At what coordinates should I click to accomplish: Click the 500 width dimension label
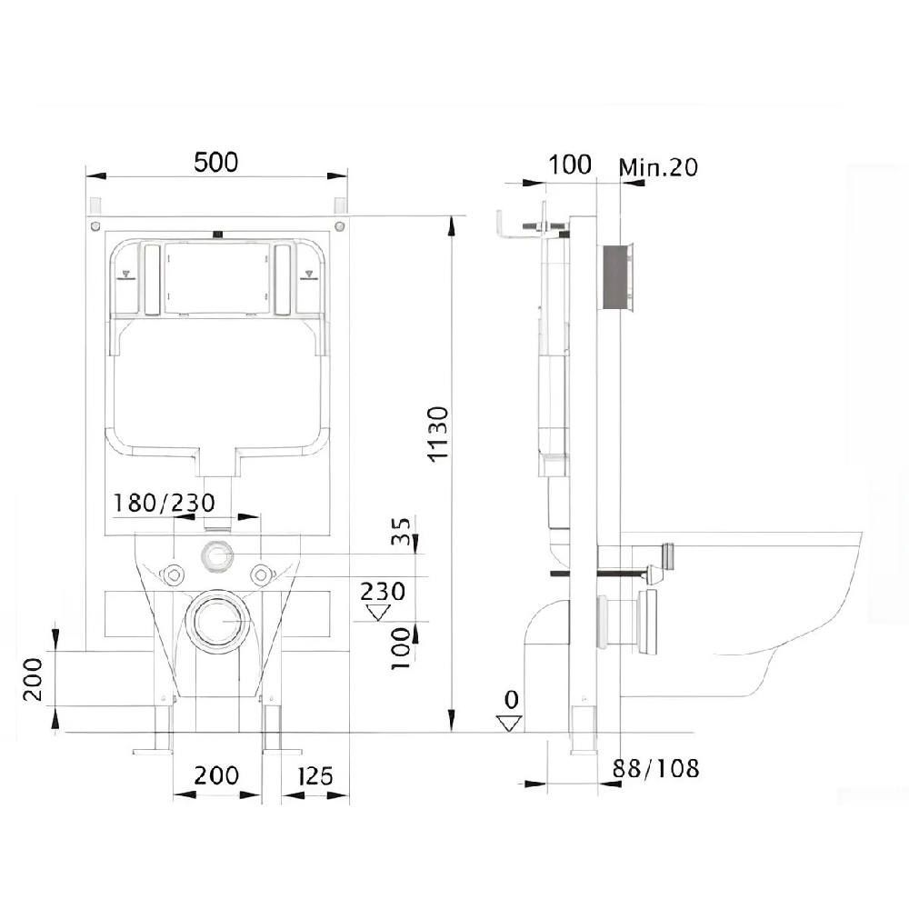[215, 162]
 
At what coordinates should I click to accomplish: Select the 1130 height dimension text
[437, 434]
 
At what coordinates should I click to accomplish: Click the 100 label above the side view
[570, 165]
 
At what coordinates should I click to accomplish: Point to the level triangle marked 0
[510, 724]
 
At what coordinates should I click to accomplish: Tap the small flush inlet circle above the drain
[216, 554]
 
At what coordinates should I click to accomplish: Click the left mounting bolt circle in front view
[172, 574]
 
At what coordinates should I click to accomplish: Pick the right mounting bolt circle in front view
[261, 574]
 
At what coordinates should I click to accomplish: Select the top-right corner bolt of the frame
[339, 225]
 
